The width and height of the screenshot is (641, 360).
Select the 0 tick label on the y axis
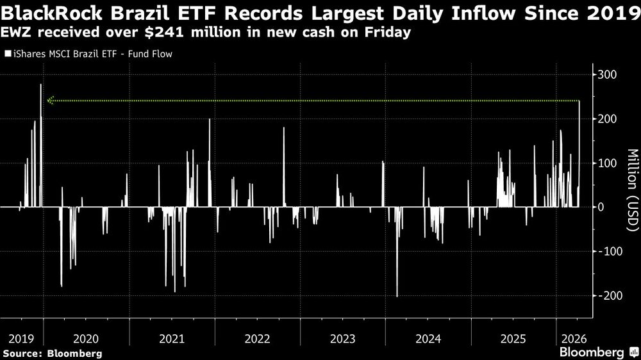(x=604, y=207)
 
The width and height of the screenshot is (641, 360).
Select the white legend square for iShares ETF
(x=8, y=54)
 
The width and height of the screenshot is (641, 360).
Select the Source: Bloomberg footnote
(x=52, y=353)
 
